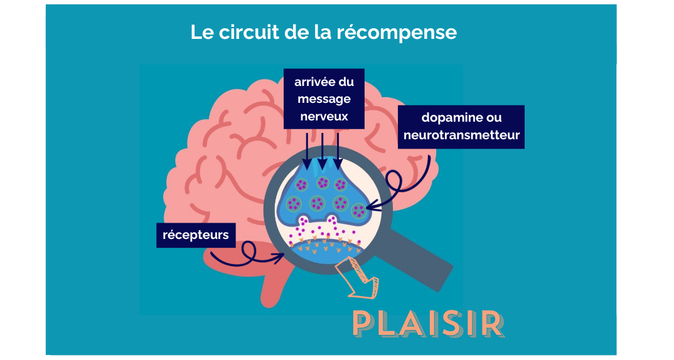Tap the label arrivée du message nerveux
(x=323, y=99)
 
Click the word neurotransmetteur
(x=461, y=135)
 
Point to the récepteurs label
(x=196, y=236)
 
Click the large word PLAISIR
(x=428, y=323)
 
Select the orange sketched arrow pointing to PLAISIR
(x=358, y=279)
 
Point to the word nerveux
(x=323, y=116)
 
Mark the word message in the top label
(x=324, y=99)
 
